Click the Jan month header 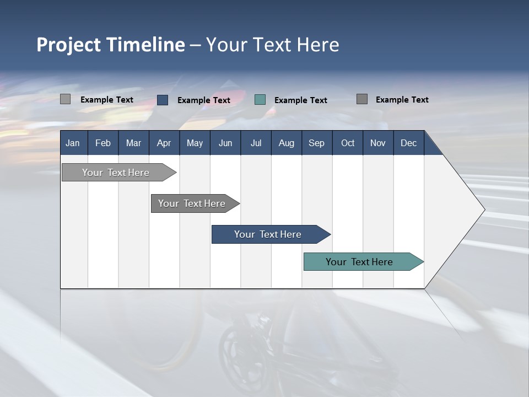pyautogui.click(x=73, y=143)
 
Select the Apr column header pyautogui.click(x=164, y=143)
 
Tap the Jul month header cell pyautogui.click(x=256, y=143)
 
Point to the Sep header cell pyautogui.click(x=316, y=143)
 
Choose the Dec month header pyautogui.click(x=408, y=143)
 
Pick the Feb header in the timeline pyautogui.click(x=103, y=143)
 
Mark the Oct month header pyautogui.click(x=348, y=143)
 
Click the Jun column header pyautogui.click(x=225, y=143)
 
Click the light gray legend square pyautogui.click(x=66, y=99)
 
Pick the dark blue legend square pyautogui.click(x=163, y=100)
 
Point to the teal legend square pyautogui.click(x=260, y=100)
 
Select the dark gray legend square pyautogui.click(x=362, y=99)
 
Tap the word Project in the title pyautogui.click(x=69, y=45)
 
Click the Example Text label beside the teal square pyautogui.click(x=300, y=100)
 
